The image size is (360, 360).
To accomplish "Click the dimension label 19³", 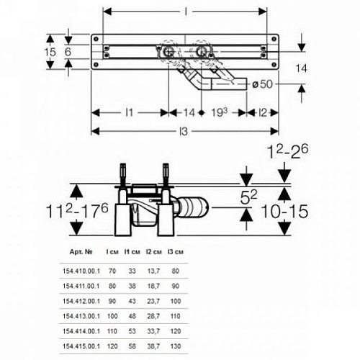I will pyautogui.click(x=218, y=112).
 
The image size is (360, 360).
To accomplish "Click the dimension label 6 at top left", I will pyautogui.click(x=68, y=53).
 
